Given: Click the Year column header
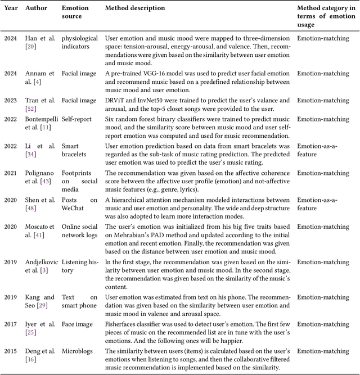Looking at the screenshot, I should [10, 8].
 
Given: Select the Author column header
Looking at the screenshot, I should [37, 8].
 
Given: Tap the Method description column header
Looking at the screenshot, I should [135, 8].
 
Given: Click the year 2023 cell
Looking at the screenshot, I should [10, 101].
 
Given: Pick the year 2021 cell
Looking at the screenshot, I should [10, 174].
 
